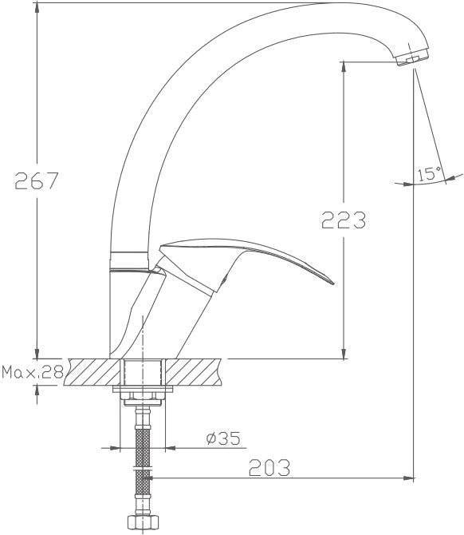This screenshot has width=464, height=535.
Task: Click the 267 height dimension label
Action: click(37, 180)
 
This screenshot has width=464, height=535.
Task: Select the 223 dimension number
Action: click(344, 220)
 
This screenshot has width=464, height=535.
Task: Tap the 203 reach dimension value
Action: click(269, 467)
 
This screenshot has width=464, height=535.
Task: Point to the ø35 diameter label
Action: click(223, 438)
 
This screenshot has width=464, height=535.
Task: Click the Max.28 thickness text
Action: click(33, 372)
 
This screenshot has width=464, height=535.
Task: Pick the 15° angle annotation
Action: click(429, 173)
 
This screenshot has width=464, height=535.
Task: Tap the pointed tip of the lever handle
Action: click(333, 283)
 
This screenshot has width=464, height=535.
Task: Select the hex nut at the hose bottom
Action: click(143, 522)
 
